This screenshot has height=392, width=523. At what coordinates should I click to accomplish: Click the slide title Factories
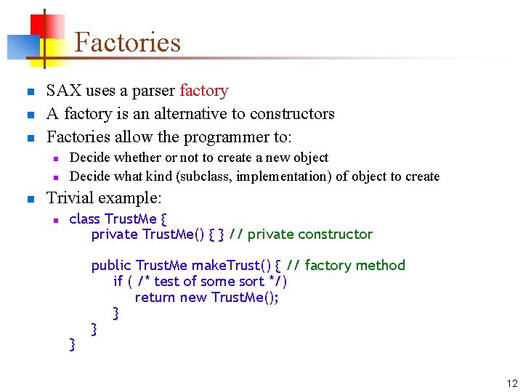click(x=127, y=42)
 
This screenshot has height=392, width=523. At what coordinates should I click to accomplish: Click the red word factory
click(x=203, y=91)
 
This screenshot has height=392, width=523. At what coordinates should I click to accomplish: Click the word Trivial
click(x=71, y=197)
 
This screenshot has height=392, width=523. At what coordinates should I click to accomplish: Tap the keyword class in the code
click(x=84, y=219)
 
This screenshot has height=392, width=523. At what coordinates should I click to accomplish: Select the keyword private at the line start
click(x=114, y=234)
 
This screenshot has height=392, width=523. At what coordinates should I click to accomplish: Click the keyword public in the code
click(x=111, y=265)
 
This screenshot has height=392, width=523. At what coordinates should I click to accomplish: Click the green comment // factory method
click(x=346, y=265)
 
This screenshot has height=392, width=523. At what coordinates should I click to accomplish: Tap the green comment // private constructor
click(x=301, y=234)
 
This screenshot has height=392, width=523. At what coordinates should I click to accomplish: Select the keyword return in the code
click(x=155, y=297)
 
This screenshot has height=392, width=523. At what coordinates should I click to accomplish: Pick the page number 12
click(x=512, y=383)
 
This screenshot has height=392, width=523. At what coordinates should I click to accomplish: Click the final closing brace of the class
click(x=71, y=344)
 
